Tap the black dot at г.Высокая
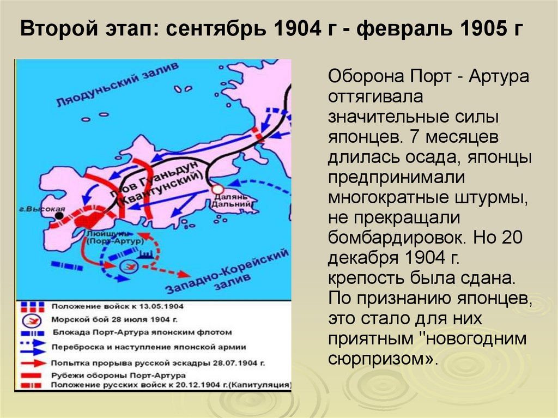59,216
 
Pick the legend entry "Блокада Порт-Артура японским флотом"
142,332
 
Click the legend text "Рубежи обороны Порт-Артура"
118,375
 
